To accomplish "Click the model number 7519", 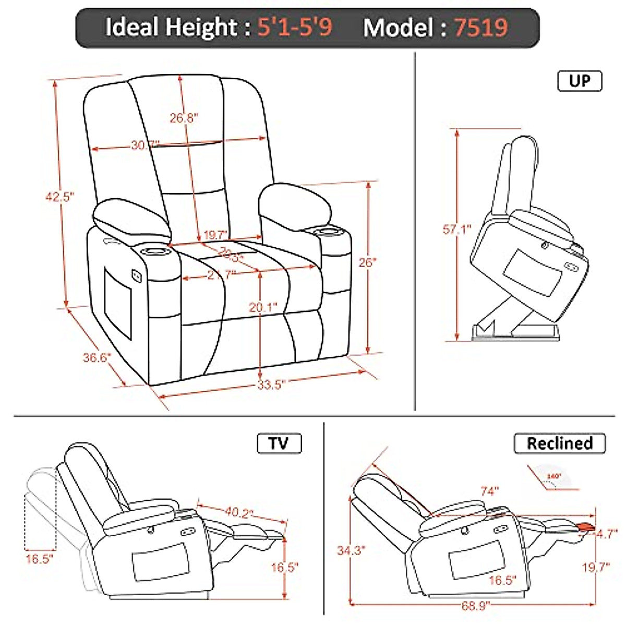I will (480, 27).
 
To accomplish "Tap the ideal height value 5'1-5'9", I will (295, 27).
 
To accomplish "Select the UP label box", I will (580, 81).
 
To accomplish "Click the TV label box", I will (279, 443).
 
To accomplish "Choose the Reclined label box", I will (560, 443).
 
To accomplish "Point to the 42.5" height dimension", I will (58, 197).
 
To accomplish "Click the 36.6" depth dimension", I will (97, 358).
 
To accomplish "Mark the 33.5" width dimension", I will (271, 385).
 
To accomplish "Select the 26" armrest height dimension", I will (367, 262).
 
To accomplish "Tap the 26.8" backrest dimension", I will (184, 118).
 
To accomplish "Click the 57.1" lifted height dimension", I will (457, 229).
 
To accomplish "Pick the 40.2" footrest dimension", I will (239, 512).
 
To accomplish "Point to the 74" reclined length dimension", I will (489, 491).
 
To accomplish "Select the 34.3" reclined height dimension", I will (351, 550).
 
